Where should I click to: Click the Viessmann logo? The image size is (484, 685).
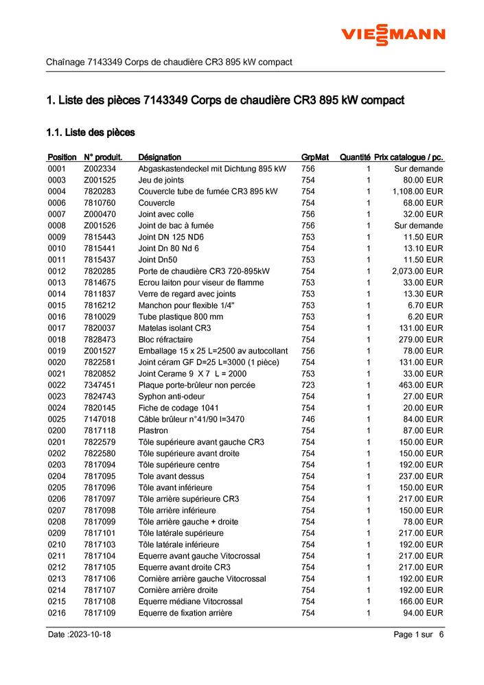click(x=393, y=34)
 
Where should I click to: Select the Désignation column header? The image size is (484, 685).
click(x=159, y=157)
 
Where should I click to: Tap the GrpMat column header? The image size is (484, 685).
click(x=315, y=157)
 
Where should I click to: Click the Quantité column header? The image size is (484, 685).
click(x=355, y=157)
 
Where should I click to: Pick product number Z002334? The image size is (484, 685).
click(x=100, y=169)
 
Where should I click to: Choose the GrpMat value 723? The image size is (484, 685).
click(x=308, y=385)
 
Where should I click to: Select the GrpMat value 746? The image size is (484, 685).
click(x=308, y=419)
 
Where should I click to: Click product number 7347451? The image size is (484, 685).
click(x=100, y=385)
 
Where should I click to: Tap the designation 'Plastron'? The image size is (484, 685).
click(x=153, y=430)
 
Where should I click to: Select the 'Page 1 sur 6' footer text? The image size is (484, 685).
click(x=419, y=635)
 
